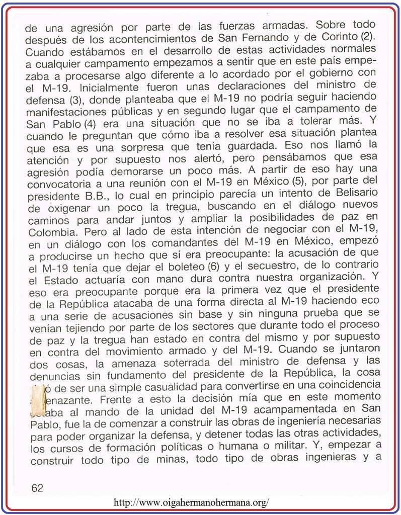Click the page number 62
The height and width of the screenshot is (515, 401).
[x=37, y=487]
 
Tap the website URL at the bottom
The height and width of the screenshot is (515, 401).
[x=191, y=502]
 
